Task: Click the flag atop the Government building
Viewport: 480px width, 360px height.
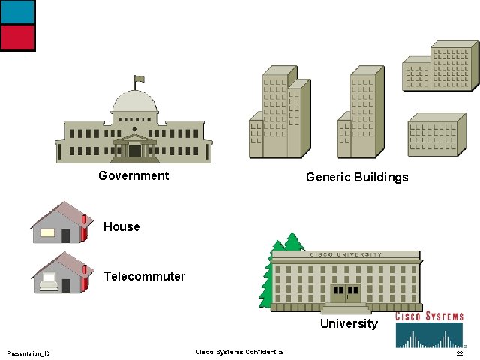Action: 139,78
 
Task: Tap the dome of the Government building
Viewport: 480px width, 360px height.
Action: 135,101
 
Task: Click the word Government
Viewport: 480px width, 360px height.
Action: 133,176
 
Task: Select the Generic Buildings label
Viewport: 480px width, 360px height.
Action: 357,178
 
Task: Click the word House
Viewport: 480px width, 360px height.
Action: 121,226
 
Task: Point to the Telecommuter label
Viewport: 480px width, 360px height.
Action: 144,276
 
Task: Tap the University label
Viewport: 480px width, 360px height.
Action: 349,324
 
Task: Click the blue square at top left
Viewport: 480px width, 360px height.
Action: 17,12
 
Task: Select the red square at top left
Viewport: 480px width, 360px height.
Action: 17,37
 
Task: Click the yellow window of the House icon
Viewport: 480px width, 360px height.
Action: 48,233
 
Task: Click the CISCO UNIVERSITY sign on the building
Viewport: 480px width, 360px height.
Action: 346,255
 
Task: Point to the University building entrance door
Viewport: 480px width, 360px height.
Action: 345,293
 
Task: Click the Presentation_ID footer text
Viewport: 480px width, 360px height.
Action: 28,353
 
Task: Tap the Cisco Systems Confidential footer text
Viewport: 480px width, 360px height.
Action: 240,352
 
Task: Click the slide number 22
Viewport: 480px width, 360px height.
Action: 459,353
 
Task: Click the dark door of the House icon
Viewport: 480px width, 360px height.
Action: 66,236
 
